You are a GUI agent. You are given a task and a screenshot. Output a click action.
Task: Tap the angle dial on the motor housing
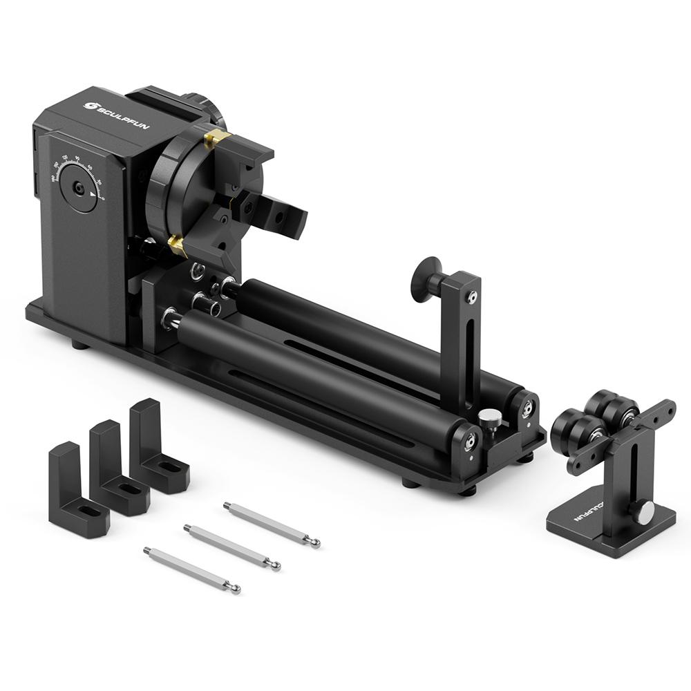[78, 187]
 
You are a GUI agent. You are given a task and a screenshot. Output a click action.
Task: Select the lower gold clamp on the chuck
[177, 244]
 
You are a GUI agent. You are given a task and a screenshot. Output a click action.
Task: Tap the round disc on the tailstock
[423, 276]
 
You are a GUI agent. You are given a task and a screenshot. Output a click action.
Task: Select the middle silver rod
[231, 546]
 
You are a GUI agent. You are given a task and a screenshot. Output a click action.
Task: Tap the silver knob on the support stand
[644, 512]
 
